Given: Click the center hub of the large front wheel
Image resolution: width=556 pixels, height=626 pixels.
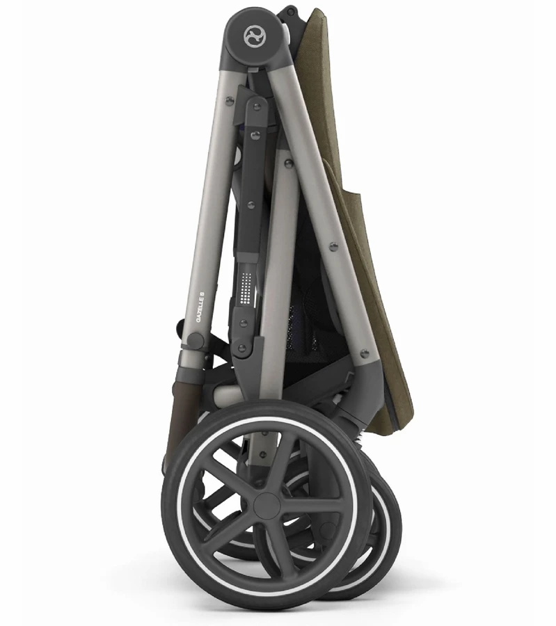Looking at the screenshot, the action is (x=266, y=504).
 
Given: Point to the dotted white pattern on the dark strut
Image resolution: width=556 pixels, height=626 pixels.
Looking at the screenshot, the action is (x=246, y=287).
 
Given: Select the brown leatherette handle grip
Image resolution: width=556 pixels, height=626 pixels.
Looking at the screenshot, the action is (x=177, y=419).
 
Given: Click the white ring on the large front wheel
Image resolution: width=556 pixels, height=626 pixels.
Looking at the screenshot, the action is (x=267, y=504).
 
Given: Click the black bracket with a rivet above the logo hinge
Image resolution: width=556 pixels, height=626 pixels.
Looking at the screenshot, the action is (x=291, y=13).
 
